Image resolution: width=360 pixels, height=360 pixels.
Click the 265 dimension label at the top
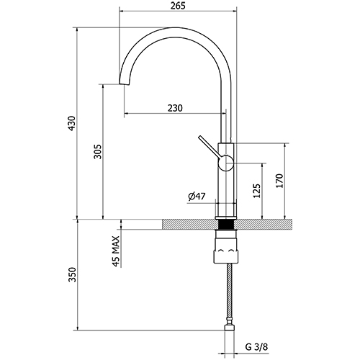178,6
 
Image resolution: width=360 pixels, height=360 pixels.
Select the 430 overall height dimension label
72,123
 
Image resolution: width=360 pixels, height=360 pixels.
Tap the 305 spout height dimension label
98,151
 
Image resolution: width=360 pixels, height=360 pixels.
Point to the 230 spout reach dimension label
175,108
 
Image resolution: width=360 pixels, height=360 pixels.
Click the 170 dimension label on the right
279,181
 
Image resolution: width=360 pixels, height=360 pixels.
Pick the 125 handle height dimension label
257,191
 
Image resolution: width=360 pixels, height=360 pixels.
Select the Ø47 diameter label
197,197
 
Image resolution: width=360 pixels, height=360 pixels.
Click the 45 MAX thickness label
116,251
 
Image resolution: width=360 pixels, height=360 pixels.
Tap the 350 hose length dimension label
72,274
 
